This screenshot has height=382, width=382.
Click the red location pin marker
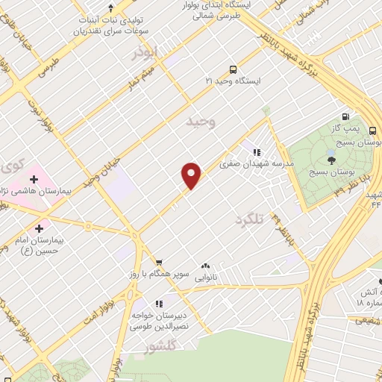(x=192, y=175)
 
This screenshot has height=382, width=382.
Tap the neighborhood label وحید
(x=201, y=121)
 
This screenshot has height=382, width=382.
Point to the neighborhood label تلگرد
(x=250, y=220)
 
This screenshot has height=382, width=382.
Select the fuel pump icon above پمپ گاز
(x=345, y=116)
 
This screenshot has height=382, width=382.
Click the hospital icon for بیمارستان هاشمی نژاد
(x=33, y=179)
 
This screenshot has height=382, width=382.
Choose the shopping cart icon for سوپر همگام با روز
(x=158, y=263)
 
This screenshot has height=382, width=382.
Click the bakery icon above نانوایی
(x=205, y=266)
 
